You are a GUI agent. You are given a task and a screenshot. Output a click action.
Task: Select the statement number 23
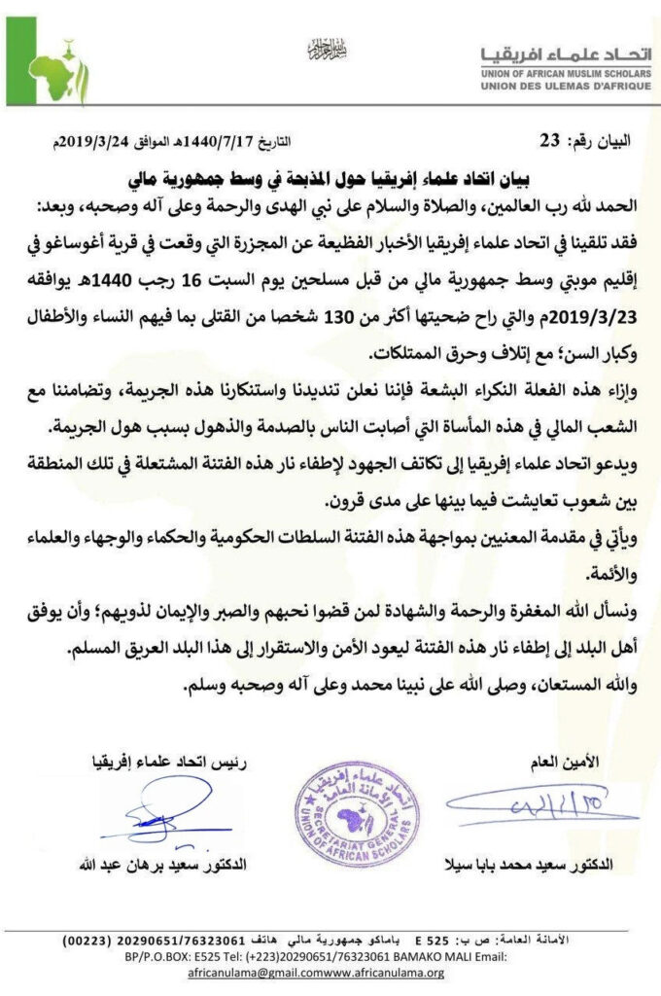(550, 141)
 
